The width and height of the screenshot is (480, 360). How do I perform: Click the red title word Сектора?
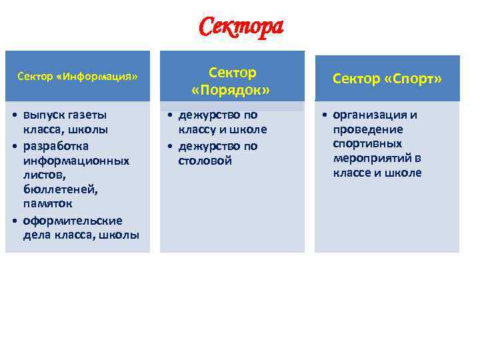[x=241, y=27]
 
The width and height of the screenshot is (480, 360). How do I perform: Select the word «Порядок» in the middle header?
[x=230, y=89]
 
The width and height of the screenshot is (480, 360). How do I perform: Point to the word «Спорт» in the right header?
[x=414, y=79]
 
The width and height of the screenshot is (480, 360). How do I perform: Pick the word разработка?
[x=56, y=145]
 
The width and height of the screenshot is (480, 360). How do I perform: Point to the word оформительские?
[x=73, y=220]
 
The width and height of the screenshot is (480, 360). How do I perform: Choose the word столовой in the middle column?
[x=205, y=161]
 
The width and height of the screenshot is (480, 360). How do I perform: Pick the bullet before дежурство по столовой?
[x=170, y=146]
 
